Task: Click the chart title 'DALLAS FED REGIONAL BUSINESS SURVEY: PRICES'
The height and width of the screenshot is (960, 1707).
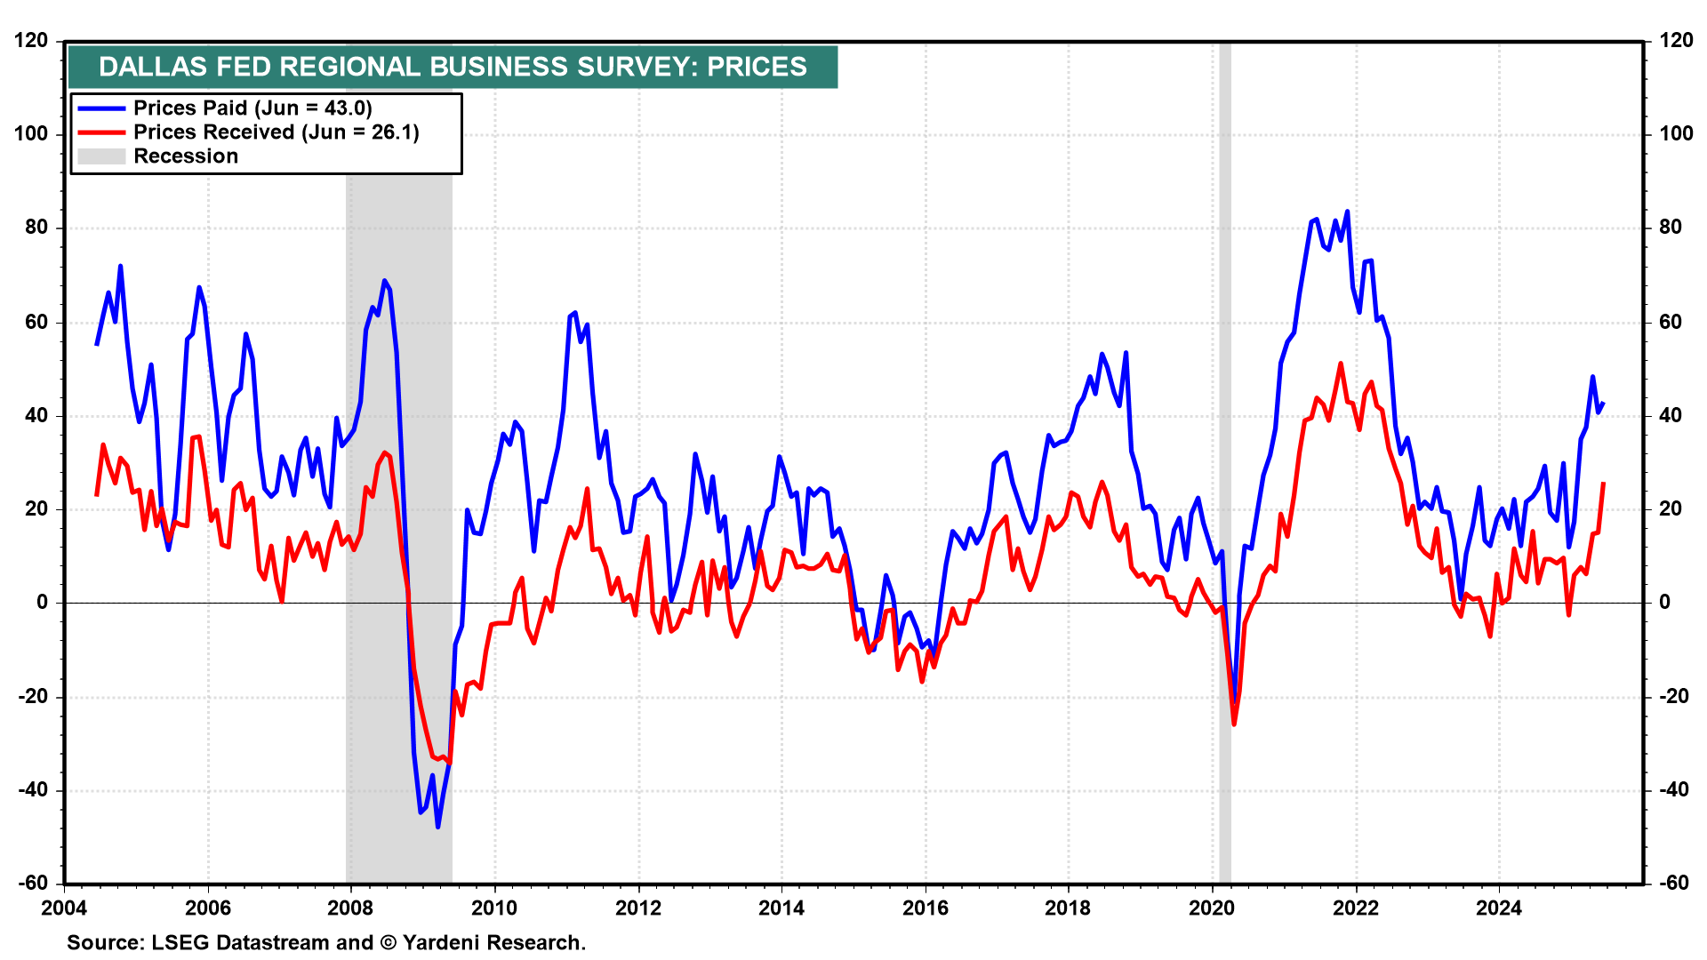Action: tap(453, 67)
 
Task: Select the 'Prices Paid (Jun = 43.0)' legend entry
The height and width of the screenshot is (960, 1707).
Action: tap(252, 108)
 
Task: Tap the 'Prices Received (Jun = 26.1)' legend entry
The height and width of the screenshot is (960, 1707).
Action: tap(276, 132)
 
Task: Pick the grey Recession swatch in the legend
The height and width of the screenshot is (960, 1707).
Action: tap(101, 156)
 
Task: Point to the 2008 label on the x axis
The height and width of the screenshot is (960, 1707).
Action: tap(350, 908)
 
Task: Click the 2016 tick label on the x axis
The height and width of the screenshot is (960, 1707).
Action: tap(925, 908)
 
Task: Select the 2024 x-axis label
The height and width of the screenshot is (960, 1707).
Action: tap(1498, 908)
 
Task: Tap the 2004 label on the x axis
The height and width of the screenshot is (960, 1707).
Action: tap(64, 908)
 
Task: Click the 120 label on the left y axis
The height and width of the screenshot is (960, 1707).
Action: tap(31, 41)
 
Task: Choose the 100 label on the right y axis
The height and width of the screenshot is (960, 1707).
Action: tap(1676, 134)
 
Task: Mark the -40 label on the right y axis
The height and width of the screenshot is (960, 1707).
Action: tap(1676, 790)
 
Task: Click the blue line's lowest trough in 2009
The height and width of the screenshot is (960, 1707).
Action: tap(438, 827)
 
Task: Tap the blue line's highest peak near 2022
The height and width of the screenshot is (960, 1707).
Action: tap(1347, 212)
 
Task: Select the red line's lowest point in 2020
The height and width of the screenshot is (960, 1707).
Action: tap(1234, 724)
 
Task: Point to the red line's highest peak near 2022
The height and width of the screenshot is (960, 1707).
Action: tap(1341, 364)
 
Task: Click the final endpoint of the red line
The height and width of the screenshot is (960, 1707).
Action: tap(1603, 483)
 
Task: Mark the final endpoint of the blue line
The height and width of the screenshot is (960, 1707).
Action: tap(1603, 404)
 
